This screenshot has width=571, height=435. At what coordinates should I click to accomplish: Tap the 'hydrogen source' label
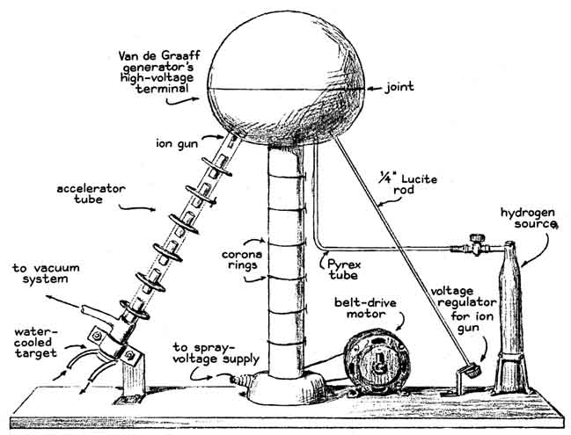[528, 219]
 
